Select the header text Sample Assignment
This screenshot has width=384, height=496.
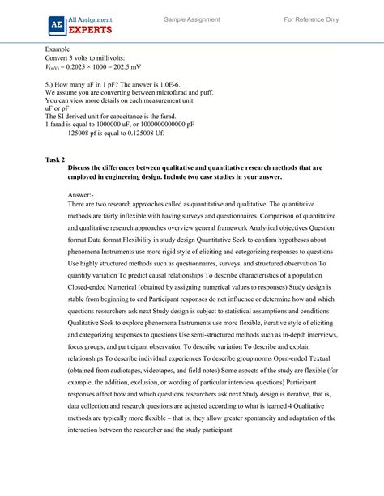point(191,19)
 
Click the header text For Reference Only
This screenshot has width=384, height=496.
point(311,19)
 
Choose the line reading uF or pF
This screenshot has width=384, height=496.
point(58,117)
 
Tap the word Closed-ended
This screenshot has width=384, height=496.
point(90,308)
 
